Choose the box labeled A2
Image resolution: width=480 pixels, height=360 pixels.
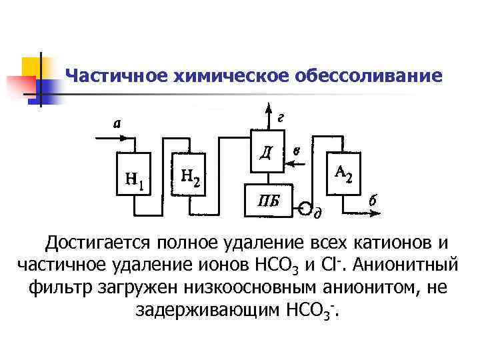click(344, 174)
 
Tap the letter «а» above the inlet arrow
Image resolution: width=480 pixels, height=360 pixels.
click(117, 123)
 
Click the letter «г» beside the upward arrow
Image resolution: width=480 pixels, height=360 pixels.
click(281, 117)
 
